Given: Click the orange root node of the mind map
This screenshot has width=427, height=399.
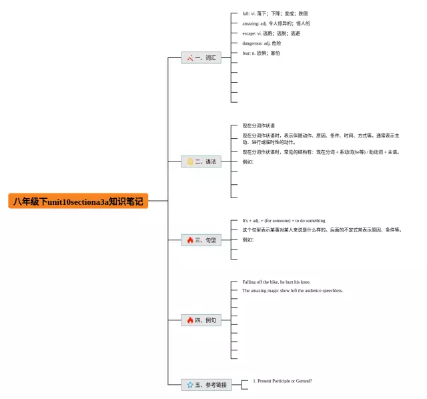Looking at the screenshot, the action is tap(78, 201).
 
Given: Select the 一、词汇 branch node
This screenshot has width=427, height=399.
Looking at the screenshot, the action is tap(201, 58).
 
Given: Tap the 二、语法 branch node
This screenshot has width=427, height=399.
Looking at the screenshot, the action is tap(201, 161).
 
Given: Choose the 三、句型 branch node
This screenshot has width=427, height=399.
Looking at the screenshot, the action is tap(201, 240).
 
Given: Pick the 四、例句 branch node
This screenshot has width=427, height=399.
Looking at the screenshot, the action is tap(201, 320).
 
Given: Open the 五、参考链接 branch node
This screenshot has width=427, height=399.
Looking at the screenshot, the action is tap(206, 385).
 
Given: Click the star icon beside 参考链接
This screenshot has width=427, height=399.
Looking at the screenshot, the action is tap(190, 385).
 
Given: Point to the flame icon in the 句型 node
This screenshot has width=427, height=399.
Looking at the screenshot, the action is tap(190, 240).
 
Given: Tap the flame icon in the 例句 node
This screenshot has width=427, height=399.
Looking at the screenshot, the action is tap(190, 320).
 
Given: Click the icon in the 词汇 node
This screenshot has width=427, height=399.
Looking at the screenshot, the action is tap(190, 58).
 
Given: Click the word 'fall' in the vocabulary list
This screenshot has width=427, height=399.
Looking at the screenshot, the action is tap(246, 13).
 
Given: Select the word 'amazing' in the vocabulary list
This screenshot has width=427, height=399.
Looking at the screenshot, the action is tap(251, 23).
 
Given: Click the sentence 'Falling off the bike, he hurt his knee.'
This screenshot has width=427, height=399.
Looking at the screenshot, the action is tap(276, 282).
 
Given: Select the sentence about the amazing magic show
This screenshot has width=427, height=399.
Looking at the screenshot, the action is tap(292, 291).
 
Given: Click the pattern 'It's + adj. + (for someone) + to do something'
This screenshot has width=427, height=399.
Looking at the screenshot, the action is tap(284, 220).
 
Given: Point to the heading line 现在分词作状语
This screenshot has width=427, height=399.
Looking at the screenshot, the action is tap(258, 125).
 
